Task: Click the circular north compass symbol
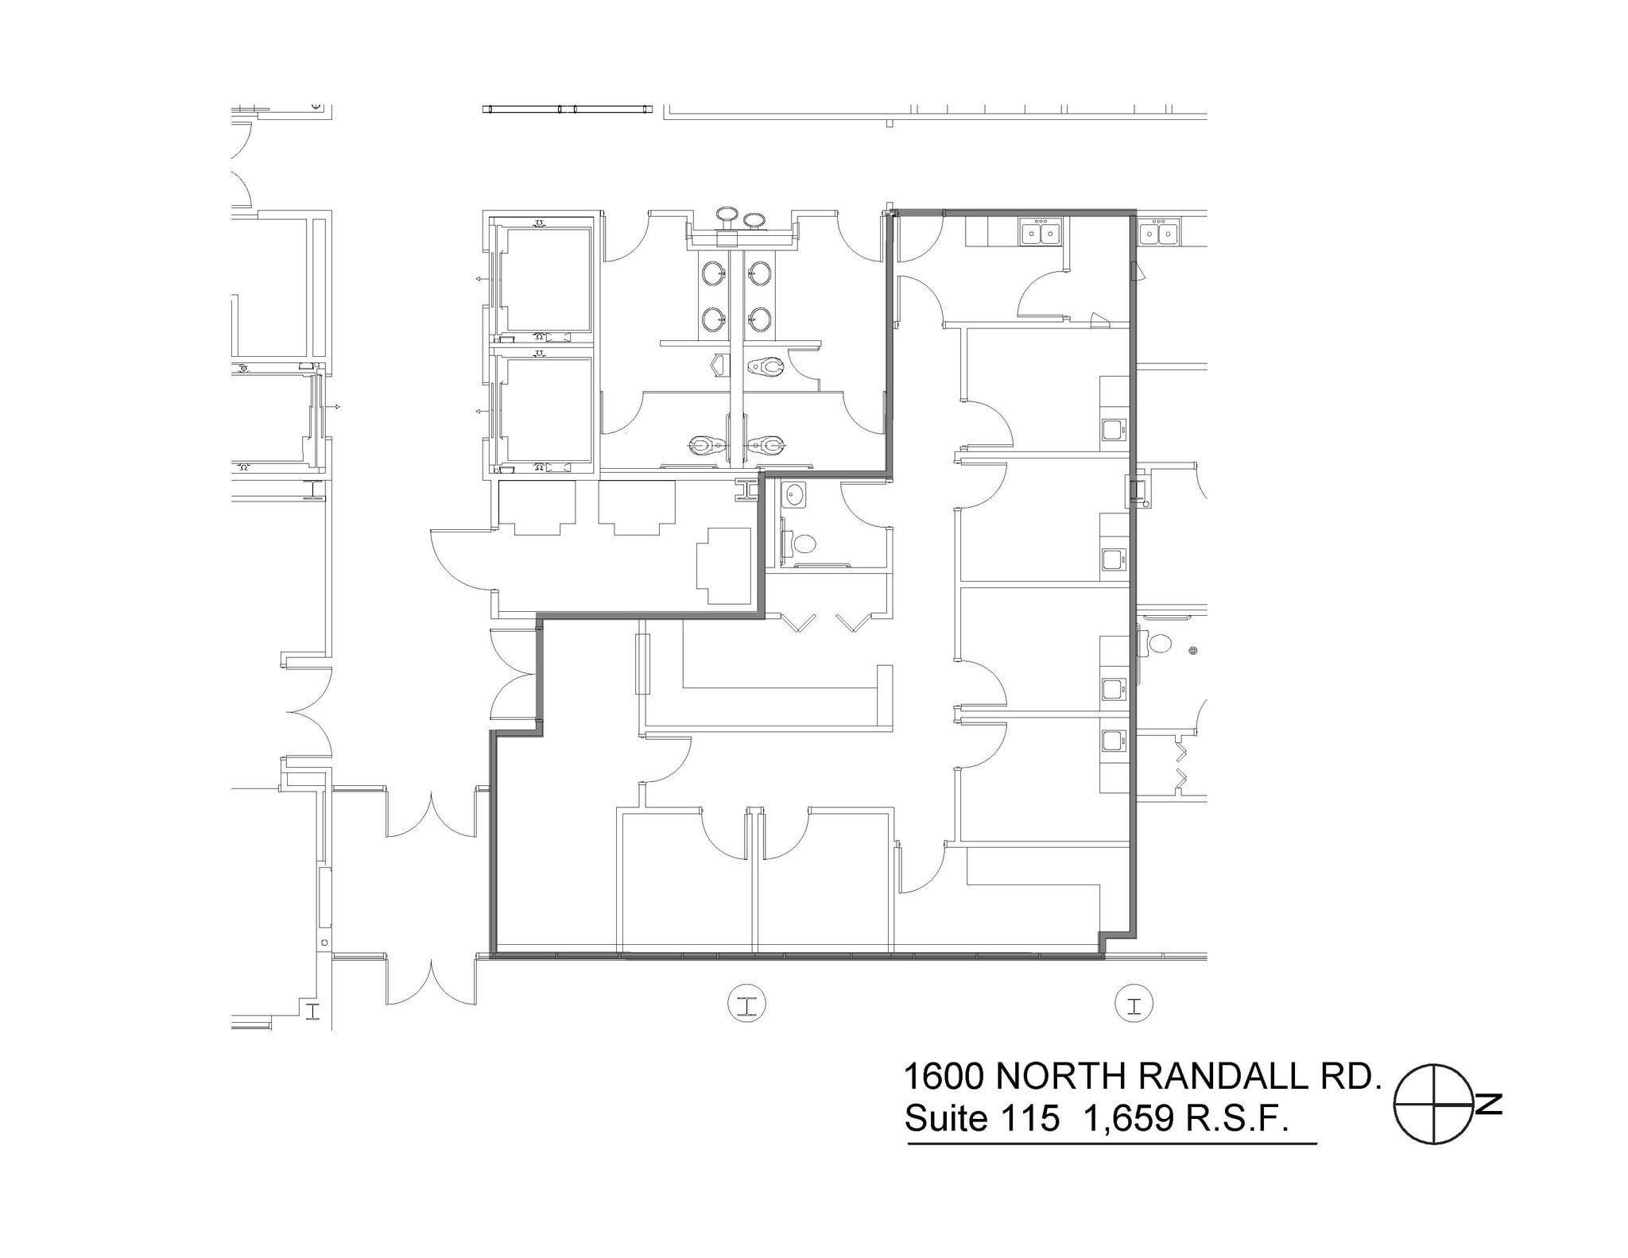1435,1105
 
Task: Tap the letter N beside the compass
1490,1105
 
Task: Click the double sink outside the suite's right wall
1159,233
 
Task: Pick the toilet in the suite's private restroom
804,544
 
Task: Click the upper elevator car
548,280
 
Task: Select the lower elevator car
548,410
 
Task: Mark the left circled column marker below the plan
747,1003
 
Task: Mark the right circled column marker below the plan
1134,1003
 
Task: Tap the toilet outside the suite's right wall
1161,642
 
